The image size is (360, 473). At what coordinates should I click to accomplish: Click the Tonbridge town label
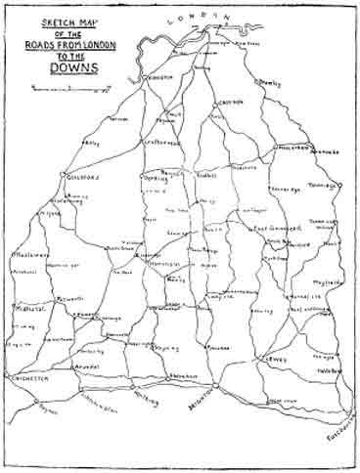click(x=326, y=185)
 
